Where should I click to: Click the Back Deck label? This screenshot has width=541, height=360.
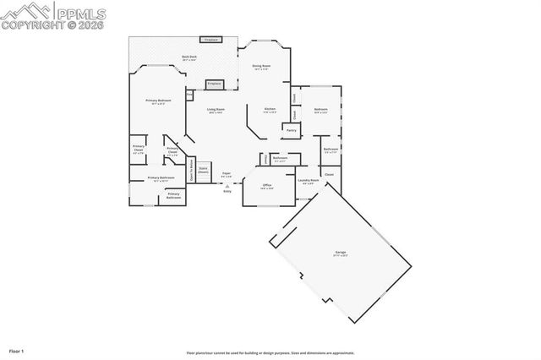[x=189, y=57]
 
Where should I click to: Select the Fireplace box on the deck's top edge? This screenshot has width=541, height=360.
[x=211, y=39]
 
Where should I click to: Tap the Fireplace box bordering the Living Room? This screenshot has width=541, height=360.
[x=214, y=84]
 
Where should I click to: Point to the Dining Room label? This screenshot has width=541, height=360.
[x=261, y=65]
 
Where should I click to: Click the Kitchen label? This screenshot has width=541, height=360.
[x=270, y=109]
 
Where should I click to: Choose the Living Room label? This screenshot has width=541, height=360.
[x=216, y=109]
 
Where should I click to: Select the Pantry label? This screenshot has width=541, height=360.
[x=291, y=130]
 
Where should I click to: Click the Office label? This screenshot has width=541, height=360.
[x=266, y=185]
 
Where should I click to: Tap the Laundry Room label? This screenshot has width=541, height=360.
[x=309, y=180]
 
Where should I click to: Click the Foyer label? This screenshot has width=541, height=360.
[x=227, y=174]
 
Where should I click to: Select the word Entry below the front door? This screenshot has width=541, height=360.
[x=227, y=192]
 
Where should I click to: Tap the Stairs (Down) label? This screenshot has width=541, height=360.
[x=204, y=169]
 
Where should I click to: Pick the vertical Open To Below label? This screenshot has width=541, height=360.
[x=192, y=170]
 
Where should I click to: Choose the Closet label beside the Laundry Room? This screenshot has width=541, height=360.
[x=329, y=174]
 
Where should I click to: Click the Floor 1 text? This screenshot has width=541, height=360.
[x=17, y=350]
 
